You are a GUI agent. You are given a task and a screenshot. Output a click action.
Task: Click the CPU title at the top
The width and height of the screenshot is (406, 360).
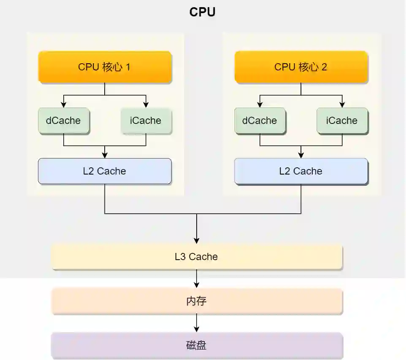202,12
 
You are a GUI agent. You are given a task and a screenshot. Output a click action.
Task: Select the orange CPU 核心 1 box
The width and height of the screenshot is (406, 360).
105,67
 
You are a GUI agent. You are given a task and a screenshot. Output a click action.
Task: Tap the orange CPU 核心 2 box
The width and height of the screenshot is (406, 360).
301,67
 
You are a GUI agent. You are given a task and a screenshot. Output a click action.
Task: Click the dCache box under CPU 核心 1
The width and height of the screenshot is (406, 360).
63,121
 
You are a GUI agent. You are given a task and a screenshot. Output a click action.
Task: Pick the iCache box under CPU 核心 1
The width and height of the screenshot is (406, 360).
146,121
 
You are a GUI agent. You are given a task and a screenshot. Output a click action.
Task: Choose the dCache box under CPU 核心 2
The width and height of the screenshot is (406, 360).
260,121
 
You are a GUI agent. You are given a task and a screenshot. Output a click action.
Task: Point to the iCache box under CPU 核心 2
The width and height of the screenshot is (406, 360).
342,121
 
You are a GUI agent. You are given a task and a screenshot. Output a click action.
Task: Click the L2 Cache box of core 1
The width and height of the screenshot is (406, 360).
105,171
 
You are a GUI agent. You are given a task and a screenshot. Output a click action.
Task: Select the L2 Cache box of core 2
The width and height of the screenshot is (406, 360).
301,171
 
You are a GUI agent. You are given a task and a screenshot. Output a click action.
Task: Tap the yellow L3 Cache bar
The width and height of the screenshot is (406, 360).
197,257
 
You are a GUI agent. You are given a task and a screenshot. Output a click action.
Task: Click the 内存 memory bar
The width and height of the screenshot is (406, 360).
197,302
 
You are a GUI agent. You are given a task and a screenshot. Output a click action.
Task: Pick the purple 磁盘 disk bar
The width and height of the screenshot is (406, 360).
197,346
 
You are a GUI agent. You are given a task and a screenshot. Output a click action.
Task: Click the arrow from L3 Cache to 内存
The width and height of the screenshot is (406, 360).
197,279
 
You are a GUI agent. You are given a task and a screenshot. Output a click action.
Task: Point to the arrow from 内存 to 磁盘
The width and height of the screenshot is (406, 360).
197,323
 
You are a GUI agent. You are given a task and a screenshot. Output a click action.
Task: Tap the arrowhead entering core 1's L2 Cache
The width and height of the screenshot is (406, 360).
105,155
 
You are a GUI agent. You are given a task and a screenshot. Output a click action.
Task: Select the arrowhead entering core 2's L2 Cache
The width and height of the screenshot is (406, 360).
301,155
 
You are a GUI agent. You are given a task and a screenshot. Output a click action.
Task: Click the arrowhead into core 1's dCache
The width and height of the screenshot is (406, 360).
63,105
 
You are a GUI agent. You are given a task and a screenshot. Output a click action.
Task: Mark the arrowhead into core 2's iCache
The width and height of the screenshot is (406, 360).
342,105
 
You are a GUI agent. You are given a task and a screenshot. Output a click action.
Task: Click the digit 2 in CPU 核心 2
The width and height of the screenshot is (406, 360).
324,67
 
